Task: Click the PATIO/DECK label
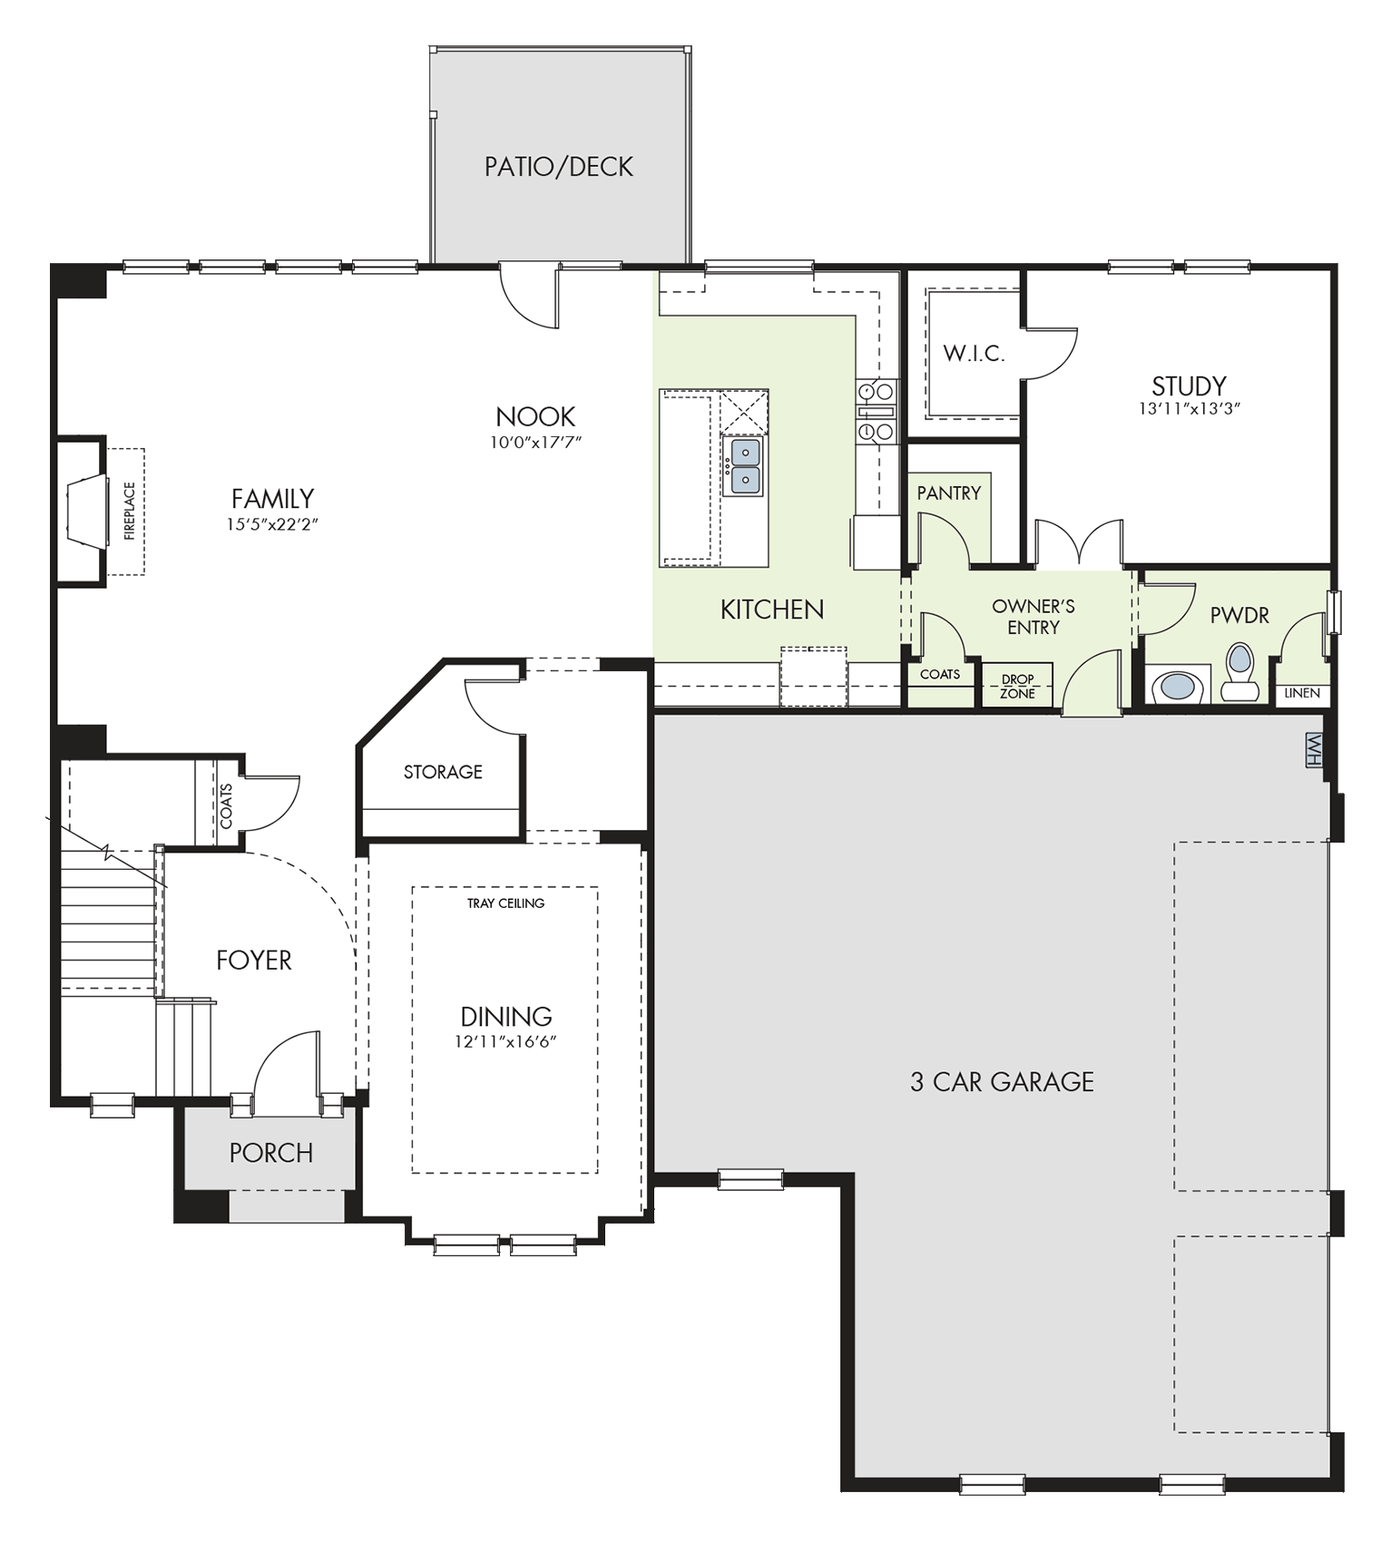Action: [558, 167]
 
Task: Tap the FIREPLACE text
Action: [129, 511]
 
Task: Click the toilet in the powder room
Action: [1239, 672]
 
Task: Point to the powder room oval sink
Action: [1178, 686]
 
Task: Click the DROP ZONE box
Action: [1017, 686]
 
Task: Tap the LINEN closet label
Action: [1302, 693]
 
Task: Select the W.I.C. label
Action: [974, 354]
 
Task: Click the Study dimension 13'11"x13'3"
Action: [1189, 409]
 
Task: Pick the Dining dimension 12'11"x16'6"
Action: [505, 1042]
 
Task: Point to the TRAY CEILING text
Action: [505, 903]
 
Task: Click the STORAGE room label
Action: [443, 772]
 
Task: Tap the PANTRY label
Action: [948, 493]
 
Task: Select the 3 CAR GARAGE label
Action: [1002, 1081]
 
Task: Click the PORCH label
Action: [270, 1153]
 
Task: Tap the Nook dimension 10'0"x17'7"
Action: [535, 443]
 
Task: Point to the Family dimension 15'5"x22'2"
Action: [272, 524]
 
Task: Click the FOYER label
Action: [254, 960]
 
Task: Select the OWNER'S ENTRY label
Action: [1033, 617]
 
